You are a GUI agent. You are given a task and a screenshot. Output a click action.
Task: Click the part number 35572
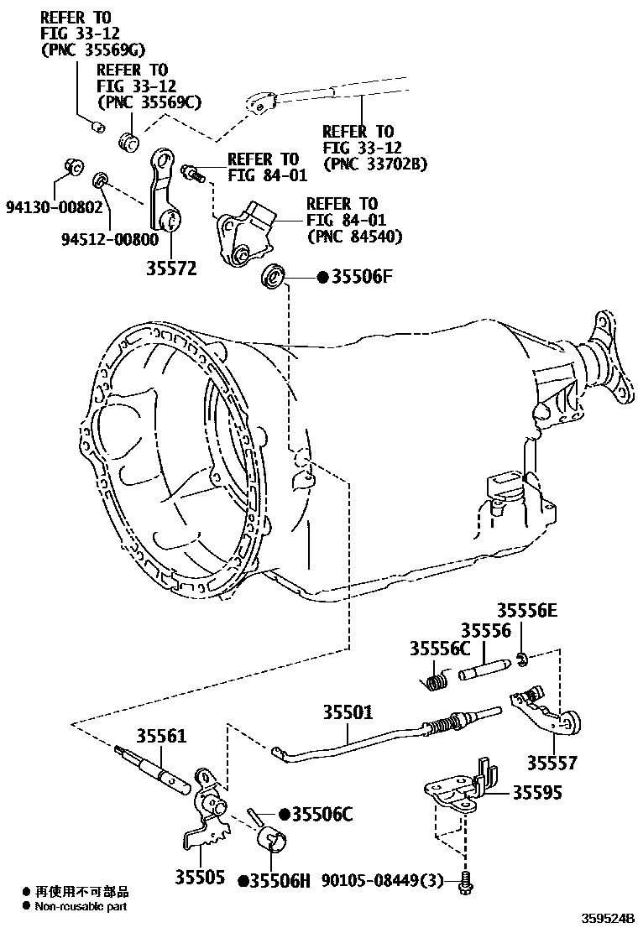(170, 268)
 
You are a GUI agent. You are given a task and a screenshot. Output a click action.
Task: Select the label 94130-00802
(55, 207)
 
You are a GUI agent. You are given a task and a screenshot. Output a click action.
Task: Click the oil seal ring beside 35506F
(274, 276)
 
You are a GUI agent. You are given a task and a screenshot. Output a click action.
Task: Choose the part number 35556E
(526, 611)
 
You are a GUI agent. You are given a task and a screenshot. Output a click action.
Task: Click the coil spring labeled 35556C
(434, 681)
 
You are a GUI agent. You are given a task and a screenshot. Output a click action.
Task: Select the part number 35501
(348, 711)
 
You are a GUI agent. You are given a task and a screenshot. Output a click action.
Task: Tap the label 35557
(552, 764)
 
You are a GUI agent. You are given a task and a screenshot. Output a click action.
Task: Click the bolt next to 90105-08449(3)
(467, 882)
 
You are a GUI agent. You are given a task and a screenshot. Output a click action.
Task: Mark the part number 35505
(200, 878)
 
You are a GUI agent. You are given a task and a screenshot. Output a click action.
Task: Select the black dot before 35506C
(285, 813)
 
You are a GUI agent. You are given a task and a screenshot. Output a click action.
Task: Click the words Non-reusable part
(81, 906)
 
